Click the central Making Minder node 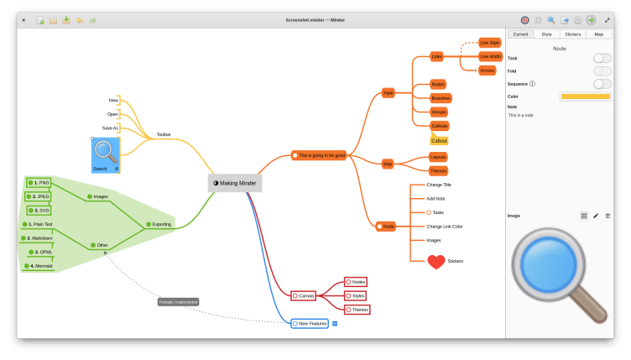tap(235, 183)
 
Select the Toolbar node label tap(164, 134)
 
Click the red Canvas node tap(304, 295)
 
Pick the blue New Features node tap(309, 323)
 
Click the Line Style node tap(490, 42)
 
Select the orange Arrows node tap(488, 70)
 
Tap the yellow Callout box tap(439, 140)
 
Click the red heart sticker tap(435, 262)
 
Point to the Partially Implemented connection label tap(178, 302)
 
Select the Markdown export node tap(39, 238)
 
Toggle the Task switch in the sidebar tap(602, 58)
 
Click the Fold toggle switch tap(602, 70)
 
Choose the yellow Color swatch tap(585, 97)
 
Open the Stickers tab tap(572, 34)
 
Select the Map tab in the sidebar tap(598, 34)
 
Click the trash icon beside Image tap(608, 216)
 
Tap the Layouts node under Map tap(438, 157)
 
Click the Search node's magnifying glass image tap(105, 151)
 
